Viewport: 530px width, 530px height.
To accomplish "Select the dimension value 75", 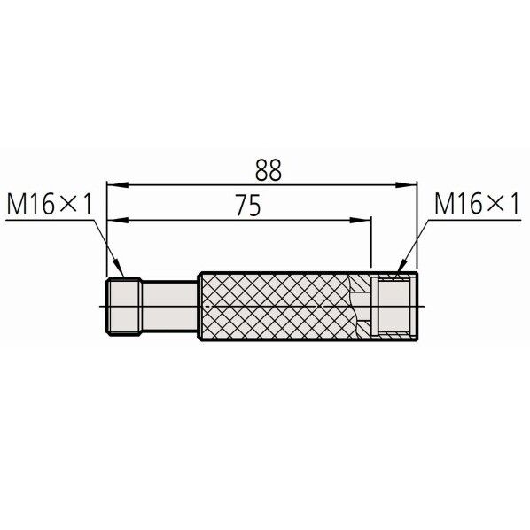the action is pyautogui.click(x=248, y=205).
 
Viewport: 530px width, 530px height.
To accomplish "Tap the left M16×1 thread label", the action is pyautogui.click(x=50, y=204).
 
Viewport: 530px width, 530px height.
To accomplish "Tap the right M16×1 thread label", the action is pyautogui.click(x=476, y=204).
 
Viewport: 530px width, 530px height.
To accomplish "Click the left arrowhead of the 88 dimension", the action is pyautogui.click(x=117, y=185).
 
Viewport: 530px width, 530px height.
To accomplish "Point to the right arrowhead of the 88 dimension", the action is pyautogui.click(x=406, y=185).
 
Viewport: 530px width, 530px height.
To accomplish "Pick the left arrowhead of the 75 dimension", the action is pyautogui.click(x=118, y=221).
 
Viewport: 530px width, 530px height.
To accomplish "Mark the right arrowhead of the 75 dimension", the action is pyautogui.click(x=361, y=221).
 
